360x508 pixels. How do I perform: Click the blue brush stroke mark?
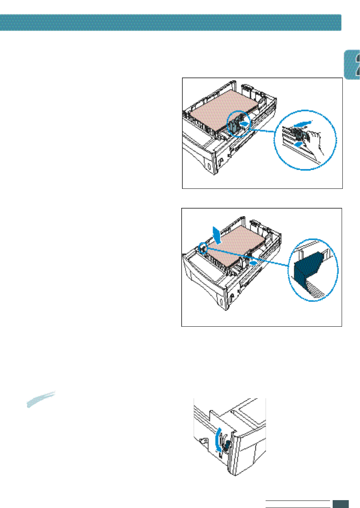41,399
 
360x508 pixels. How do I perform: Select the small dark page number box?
341,504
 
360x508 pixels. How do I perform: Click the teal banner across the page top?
170,22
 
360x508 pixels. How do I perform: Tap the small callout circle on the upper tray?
238,123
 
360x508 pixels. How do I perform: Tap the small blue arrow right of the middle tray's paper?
254,263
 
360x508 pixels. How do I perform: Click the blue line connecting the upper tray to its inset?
262,131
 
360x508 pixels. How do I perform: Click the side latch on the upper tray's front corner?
221,162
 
